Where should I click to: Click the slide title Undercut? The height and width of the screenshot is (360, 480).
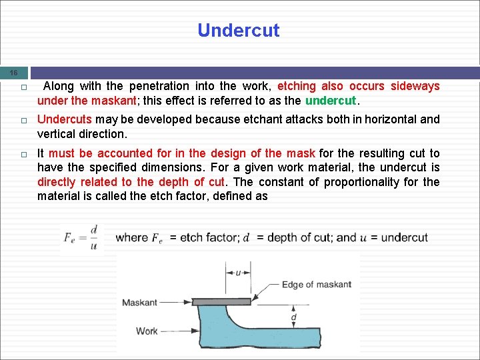click(x=239, y=31)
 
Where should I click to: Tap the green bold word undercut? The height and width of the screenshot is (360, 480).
click(x=331, y=101)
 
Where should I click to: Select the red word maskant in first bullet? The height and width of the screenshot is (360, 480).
click(x=109, y=101)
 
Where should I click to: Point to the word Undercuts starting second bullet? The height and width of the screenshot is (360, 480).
click(x=65, y=119)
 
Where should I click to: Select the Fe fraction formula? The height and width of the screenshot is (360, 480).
click(x=81, y=237)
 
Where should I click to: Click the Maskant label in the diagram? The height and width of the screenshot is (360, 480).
click(x=139, y=303)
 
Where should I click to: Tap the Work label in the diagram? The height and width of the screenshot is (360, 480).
click(x=147, y=331)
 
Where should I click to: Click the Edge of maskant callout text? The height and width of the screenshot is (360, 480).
click(x=316, y=285)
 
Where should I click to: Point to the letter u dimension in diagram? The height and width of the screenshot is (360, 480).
click(x=238, y=272)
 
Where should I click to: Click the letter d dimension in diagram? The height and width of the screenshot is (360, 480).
click(x=294, y=318)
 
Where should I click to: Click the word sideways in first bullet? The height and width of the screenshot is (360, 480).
click(x=415, y=86)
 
